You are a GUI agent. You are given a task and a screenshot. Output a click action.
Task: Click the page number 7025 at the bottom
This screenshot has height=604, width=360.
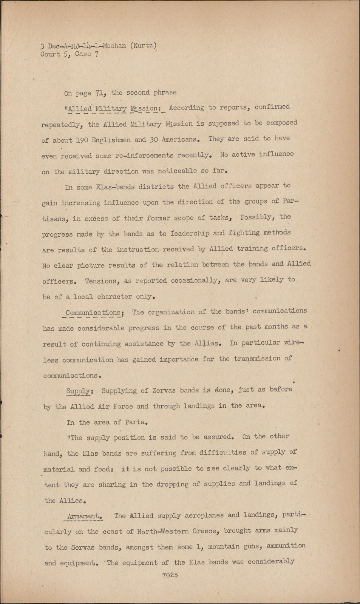coord(170,575)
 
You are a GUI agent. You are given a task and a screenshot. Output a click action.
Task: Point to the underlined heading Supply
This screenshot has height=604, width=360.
coord(78,391)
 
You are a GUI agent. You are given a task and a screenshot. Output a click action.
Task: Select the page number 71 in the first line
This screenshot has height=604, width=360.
coord(99,93)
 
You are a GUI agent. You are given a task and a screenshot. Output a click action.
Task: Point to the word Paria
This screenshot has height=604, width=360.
coord(134,422)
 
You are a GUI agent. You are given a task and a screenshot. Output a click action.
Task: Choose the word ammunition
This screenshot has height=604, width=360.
coord(286,546)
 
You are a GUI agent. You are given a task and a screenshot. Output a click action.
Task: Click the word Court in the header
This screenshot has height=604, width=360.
coord(51,54)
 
